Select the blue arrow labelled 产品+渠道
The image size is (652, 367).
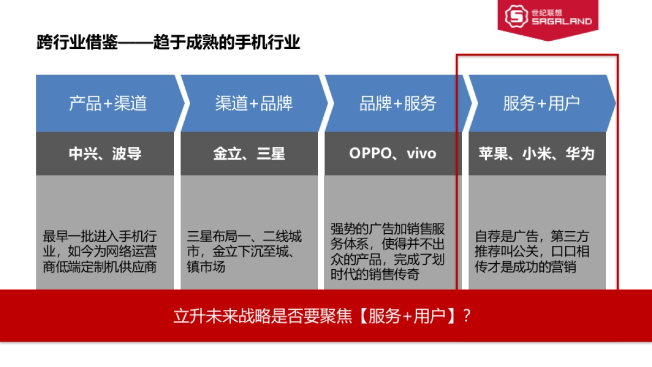tap(108, 103)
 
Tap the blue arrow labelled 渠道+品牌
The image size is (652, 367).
tap(253, 103)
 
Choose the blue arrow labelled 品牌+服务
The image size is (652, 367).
tap(398, 103)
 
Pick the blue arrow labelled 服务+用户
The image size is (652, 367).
tap(541, 103)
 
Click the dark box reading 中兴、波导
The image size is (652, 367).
tap(105, 153)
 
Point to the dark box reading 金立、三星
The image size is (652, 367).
tap(249, 153)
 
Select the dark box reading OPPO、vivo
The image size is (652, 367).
tap(392, 153)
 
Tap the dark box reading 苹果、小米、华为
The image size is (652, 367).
tap(536, 153)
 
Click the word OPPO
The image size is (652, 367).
tap(370, 153)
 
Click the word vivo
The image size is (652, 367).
tap(422, 153)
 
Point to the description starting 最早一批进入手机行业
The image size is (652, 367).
tap(100, 252)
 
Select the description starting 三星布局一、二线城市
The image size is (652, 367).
tap(244, 252)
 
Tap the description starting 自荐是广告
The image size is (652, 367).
tap(532, 252)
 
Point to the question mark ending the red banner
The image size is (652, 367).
tap(466, 316)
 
